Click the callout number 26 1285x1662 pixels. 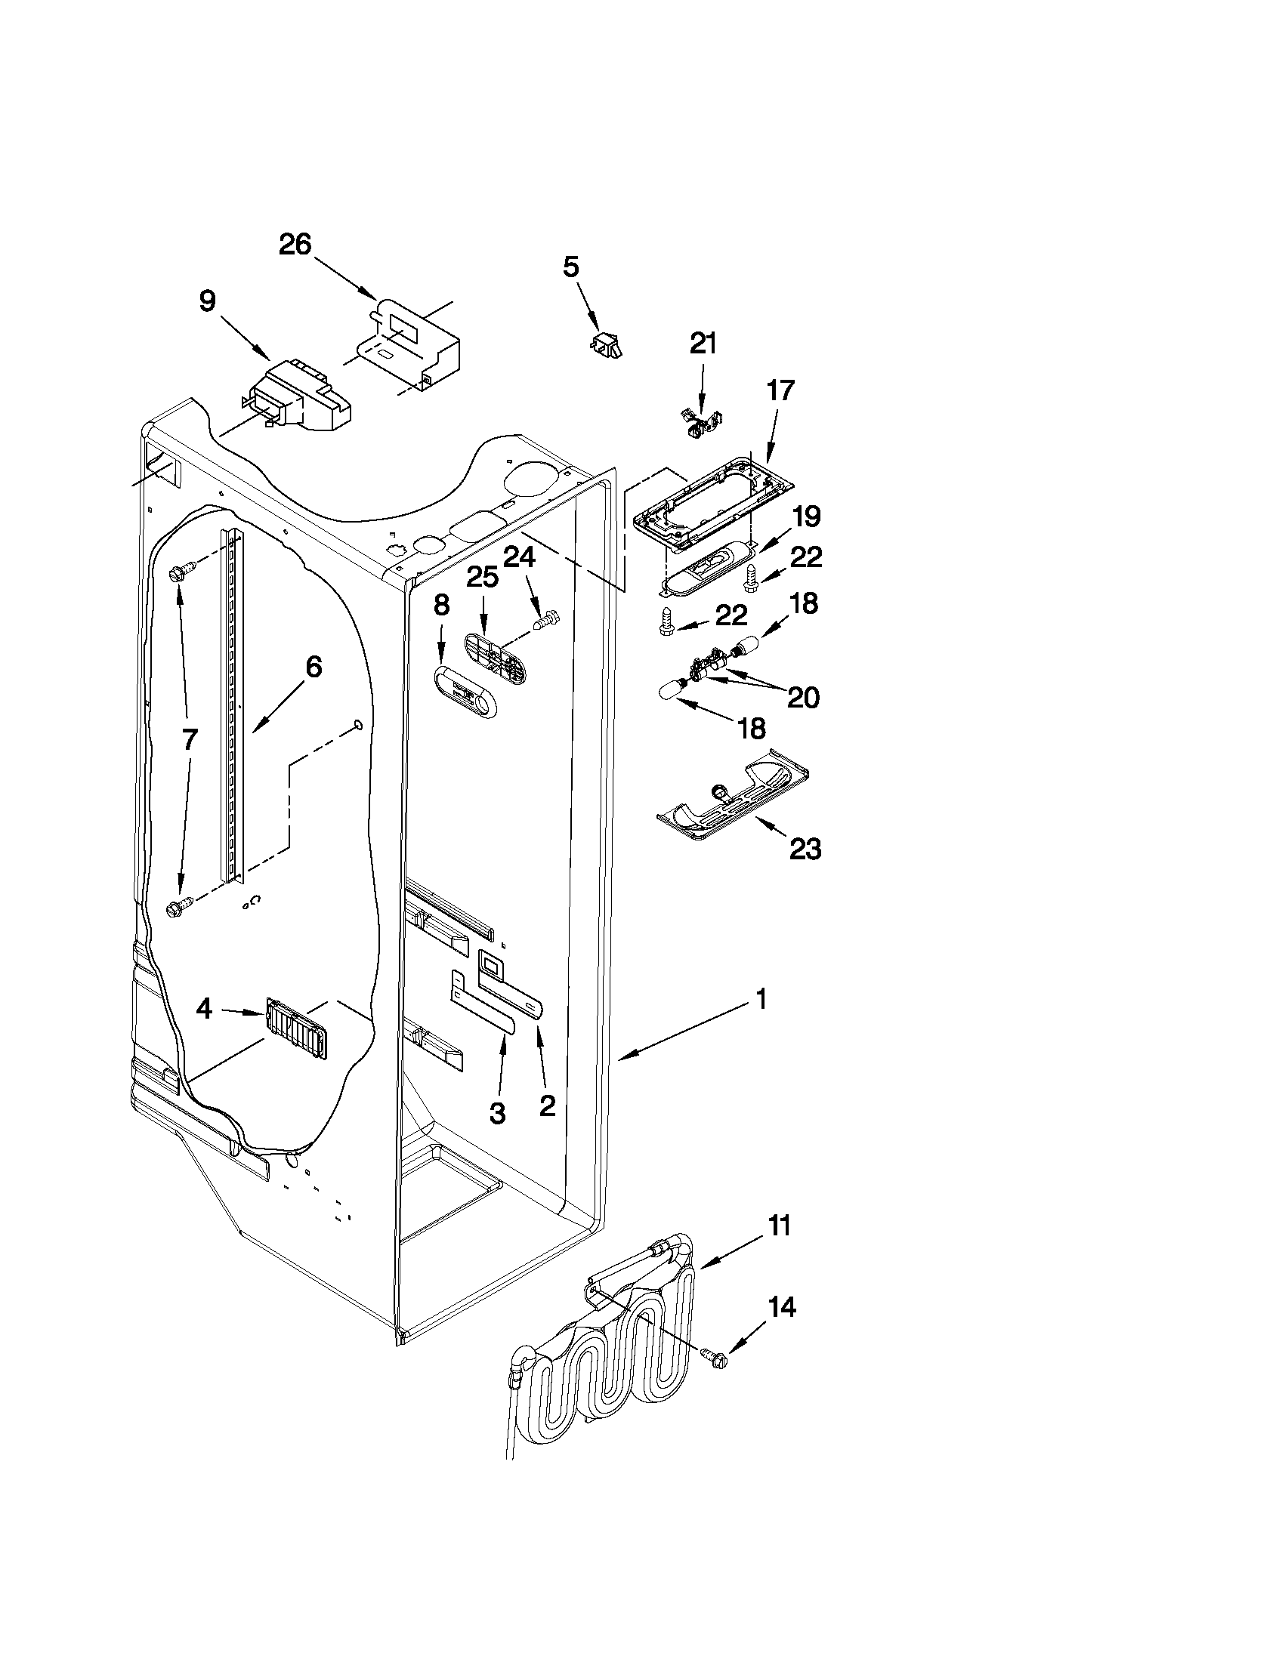click(295, 245)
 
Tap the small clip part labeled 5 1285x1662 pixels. click(606, 344)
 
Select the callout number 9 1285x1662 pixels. click(207, 301)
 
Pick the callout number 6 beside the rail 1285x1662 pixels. click(313, 668)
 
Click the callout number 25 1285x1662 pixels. click(482, 578)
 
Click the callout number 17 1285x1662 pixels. click(780, 390)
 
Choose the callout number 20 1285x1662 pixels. click(802, 697)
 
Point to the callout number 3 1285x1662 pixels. click(496, 1114)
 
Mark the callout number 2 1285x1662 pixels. click(548, 1105)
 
